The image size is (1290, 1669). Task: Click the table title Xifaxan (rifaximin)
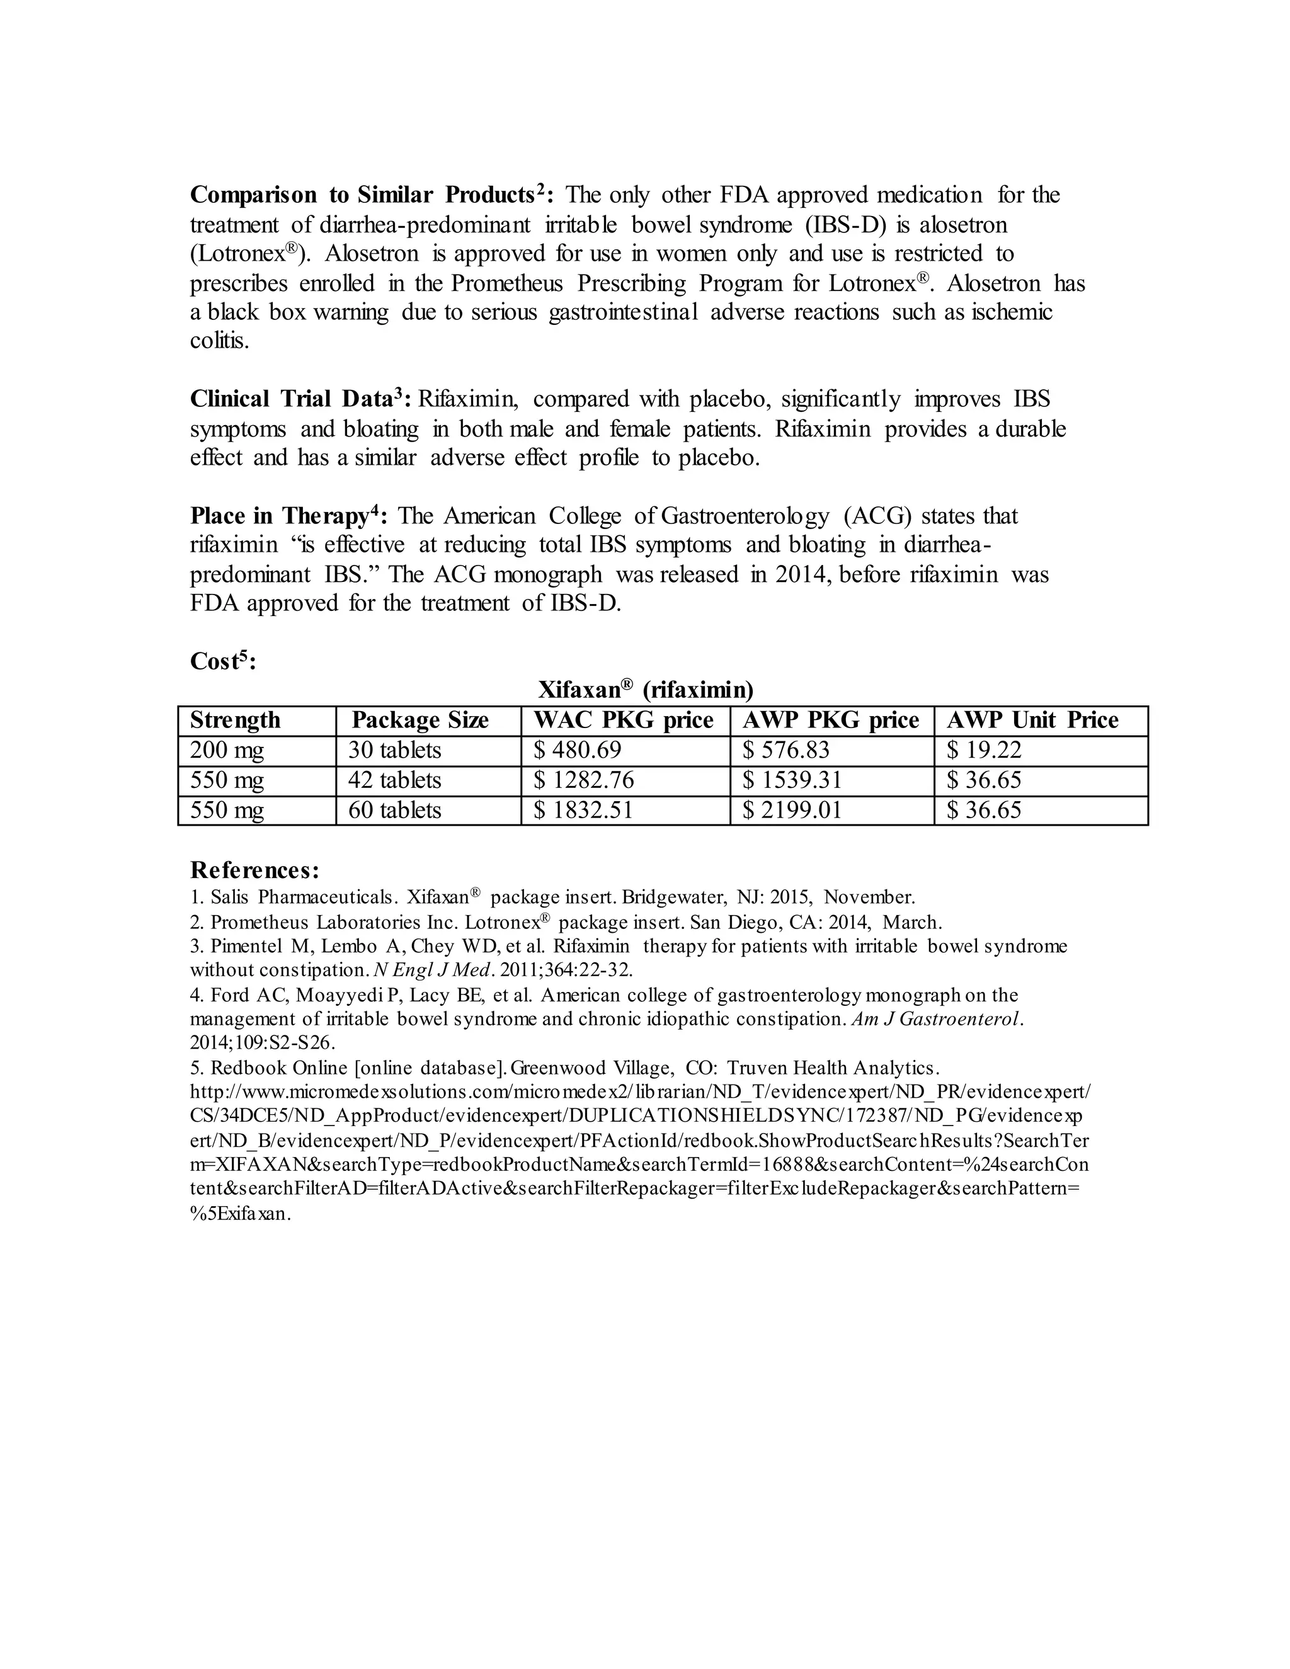point(645,691)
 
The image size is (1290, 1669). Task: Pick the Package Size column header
point(420,721)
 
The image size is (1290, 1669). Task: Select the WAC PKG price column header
point(624,721)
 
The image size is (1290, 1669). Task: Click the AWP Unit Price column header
point(1032,721)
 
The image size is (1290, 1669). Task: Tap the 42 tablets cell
point(394,780)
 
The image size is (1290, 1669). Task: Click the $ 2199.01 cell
point(792,810)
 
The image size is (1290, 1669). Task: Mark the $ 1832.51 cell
point(583,810)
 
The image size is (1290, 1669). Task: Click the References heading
point(254,870)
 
